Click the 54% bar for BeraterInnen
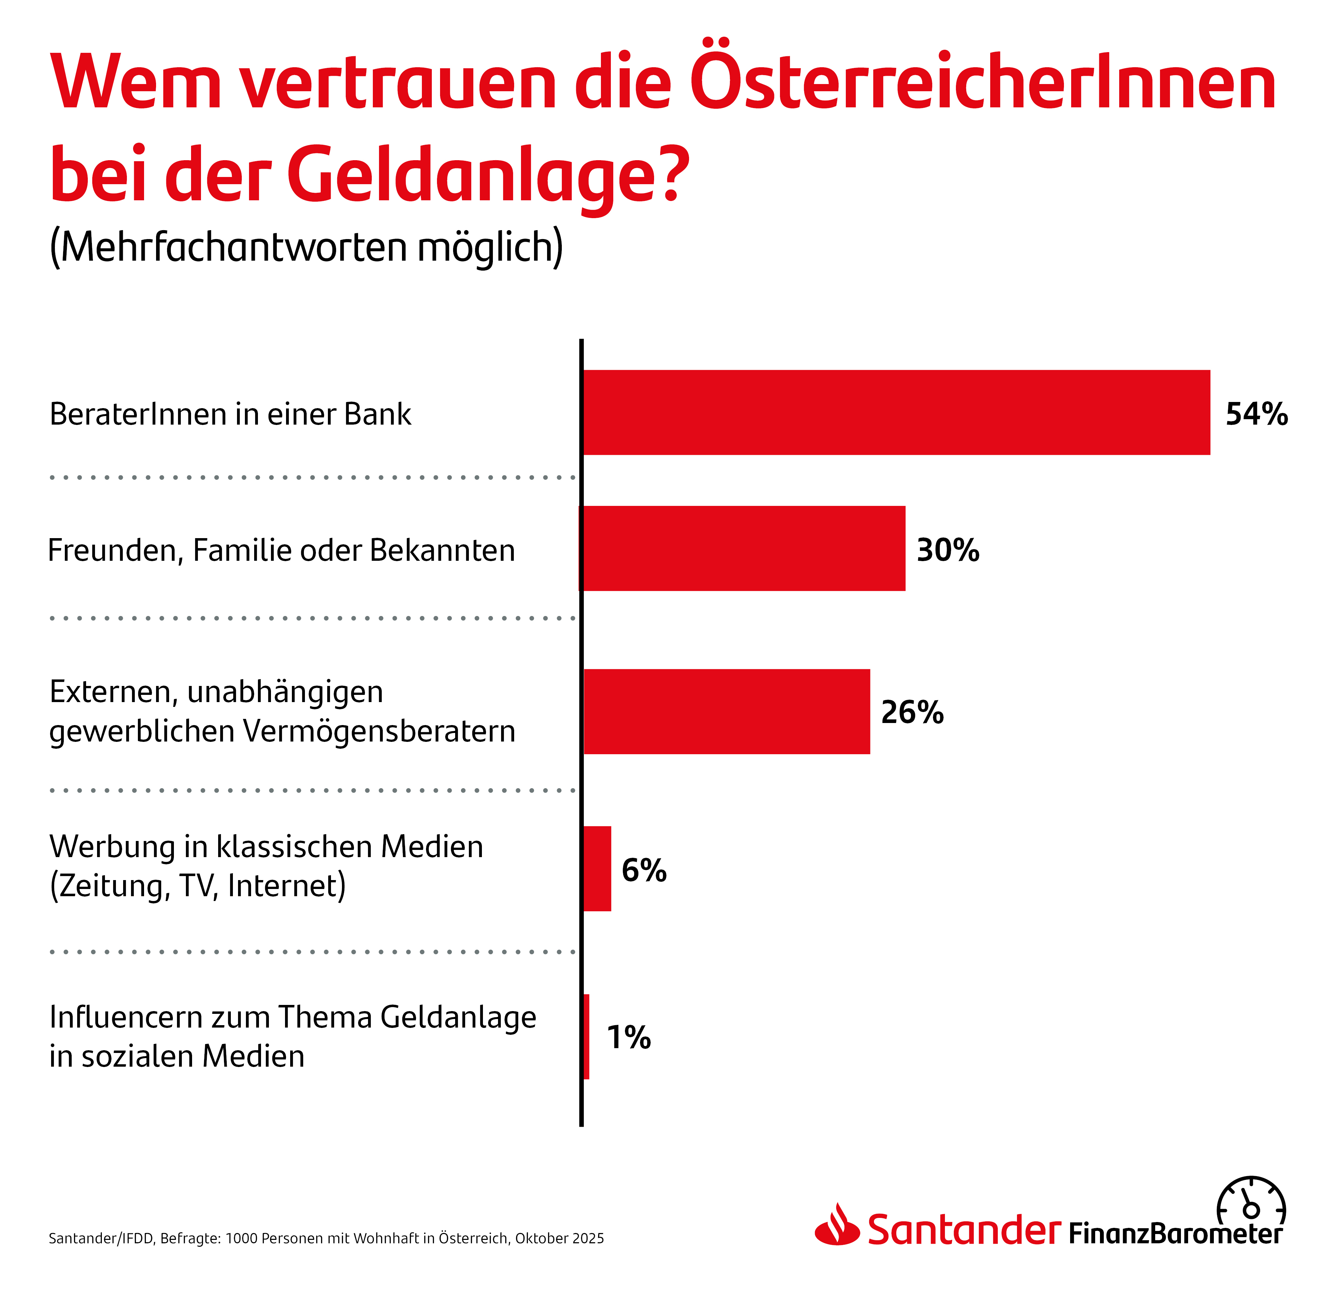coord(896,412)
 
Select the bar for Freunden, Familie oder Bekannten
coord(744,548)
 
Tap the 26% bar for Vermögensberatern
coord(726,711)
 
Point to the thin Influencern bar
coord(587,1036)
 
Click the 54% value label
coord(1256,414)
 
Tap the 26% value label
coord(912,712)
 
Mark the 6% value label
coord(644,869)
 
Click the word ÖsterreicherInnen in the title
coord(983,82)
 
